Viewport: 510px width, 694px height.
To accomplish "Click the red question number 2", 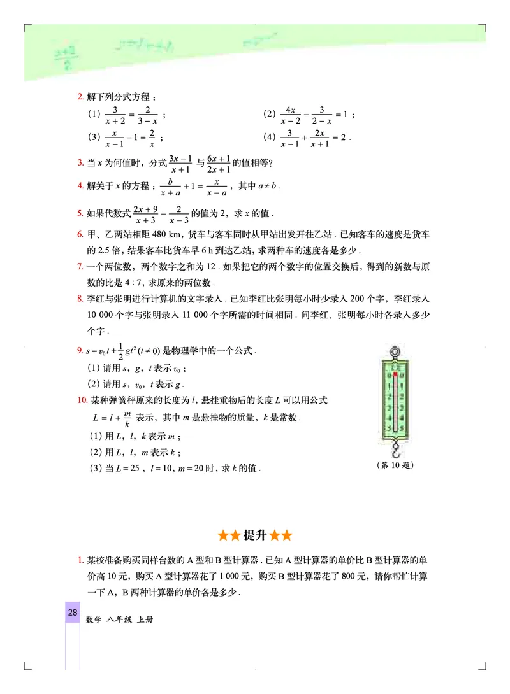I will coord(80,97).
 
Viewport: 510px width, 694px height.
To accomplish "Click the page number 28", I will coord(72,613).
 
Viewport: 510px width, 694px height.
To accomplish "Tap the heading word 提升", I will coord(254,535).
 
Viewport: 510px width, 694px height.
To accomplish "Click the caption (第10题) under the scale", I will coord(396,465).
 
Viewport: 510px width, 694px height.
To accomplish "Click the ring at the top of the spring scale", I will coord(395,351).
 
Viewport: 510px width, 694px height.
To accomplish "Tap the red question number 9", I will coord(80,351).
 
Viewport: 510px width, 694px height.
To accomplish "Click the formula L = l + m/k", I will coord(112,418).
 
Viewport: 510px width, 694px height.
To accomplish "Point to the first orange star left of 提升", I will coord(222,535).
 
